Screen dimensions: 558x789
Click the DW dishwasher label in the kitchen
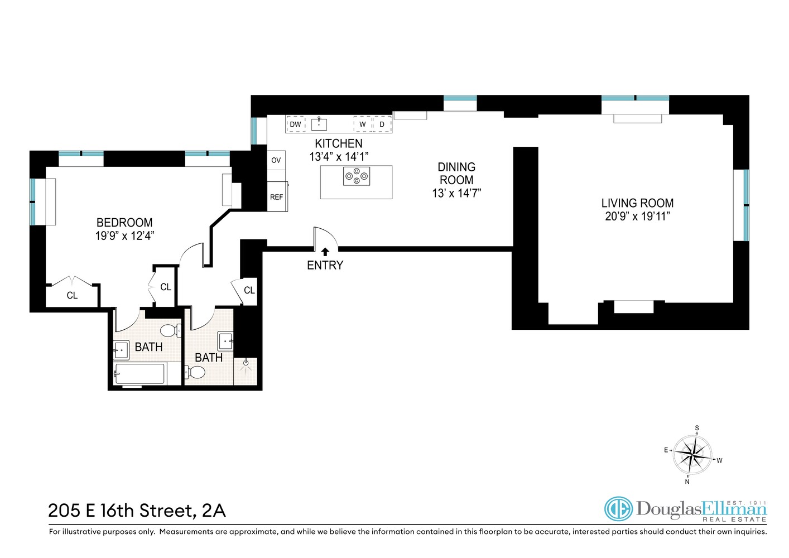pos(295,124)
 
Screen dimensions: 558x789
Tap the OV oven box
pos(276,160)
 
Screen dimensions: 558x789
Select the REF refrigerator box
pos(277,197)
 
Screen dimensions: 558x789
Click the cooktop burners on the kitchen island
pos(356,176)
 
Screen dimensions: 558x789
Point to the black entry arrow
pos(325,252)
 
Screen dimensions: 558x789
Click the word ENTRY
pos(325,266)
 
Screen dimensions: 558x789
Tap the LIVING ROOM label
pos(637,203)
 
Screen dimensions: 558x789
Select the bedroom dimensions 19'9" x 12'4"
pos(124,236)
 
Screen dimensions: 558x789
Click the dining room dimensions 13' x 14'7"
pos(456,194)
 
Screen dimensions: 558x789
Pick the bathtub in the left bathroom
pos(139,374)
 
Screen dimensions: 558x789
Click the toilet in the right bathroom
pos(195,372)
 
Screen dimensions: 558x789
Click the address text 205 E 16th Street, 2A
pos(137,511)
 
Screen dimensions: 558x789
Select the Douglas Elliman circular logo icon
pos(618,509)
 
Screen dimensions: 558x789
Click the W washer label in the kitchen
pos(362,124)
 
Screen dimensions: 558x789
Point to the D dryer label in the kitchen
pos(382,124)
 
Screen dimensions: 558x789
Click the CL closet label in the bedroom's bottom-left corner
pos(72,296)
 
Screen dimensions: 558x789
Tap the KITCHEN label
pos(338,143)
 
